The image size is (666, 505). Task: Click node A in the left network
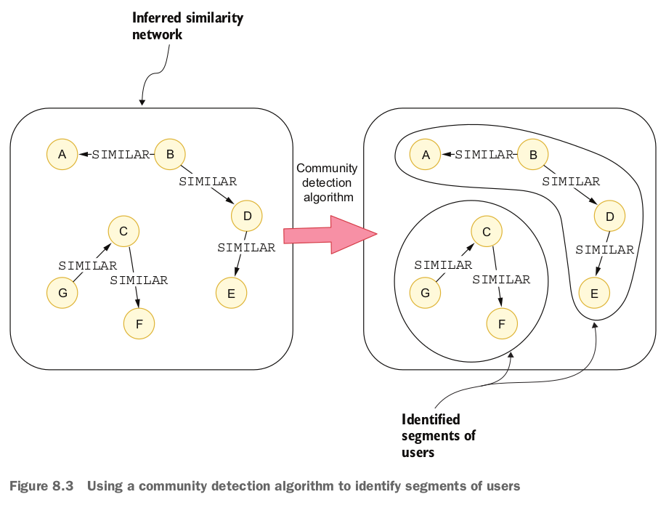pos(62,154)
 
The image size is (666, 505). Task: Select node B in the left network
pos(170,154)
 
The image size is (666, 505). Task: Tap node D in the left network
pos(247,216)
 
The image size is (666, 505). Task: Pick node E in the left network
pos(231,294)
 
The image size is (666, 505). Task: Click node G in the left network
pos(62,294)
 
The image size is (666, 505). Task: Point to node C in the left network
pos(123,232)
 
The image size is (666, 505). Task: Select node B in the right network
pos(533,154)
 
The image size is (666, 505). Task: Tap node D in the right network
pos(609,216)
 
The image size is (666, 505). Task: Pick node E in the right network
pos(594,294)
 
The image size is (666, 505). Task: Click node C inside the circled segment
pos(486,232)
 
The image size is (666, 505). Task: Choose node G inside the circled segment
pos(425,294)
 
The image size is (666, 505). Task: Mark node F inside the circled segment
pos(502,324)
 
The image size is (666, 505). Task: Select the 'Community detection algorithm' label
pos(327,182)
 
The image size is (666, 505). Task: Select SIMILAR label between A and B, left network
pos(121,154)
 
